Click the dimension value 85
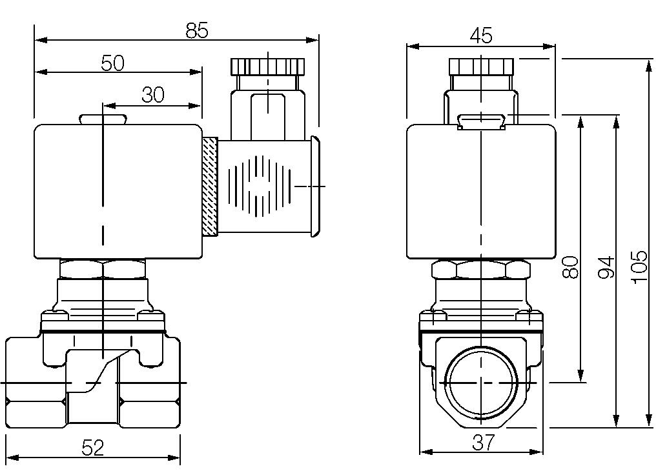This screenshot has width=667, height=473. point(197,30)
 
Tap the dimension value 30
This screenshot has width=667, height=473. point(153,96)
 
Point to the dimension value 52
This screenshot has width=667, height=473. point(93,447)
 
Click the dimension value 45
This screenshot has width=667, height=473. point(481,36)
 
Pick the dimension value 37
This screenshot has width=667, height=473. point(482,442)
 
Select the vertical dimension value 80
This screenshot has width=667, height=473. point(570,267)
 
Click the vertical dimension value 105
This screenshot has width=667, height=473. point(639,267)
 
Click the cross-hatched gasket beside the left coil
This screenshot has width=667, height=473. point(209,186)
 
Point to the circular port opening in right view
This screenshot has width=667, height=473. point(482,382)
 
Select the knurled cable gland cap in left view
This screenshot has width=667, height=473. point(267,66)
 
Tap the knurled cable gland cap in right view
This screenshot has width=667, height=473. point(482,66)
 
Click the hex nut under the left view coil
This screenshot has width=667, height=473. point(103,268)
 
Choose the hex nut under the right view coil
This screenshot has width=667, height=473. point(482,269)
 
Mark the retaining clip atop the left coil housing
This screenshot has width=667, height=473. point(103,119)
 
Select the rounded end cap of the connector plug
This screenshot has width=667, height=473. point(314,186)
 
